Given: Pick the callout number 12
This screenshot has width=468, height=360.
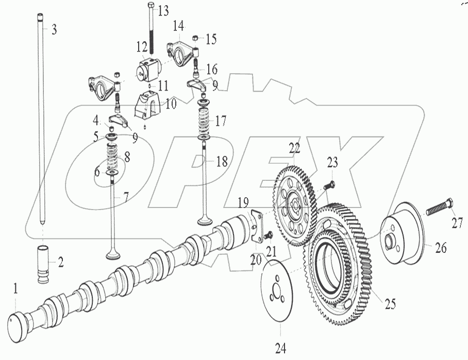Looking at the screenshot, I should pos(142,46).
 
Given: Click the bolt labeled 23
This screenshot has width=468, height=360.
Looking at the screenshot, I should pos(329,183).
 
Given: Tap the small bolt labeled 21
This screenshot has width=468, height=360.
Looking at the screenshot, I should pos(268,236).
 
